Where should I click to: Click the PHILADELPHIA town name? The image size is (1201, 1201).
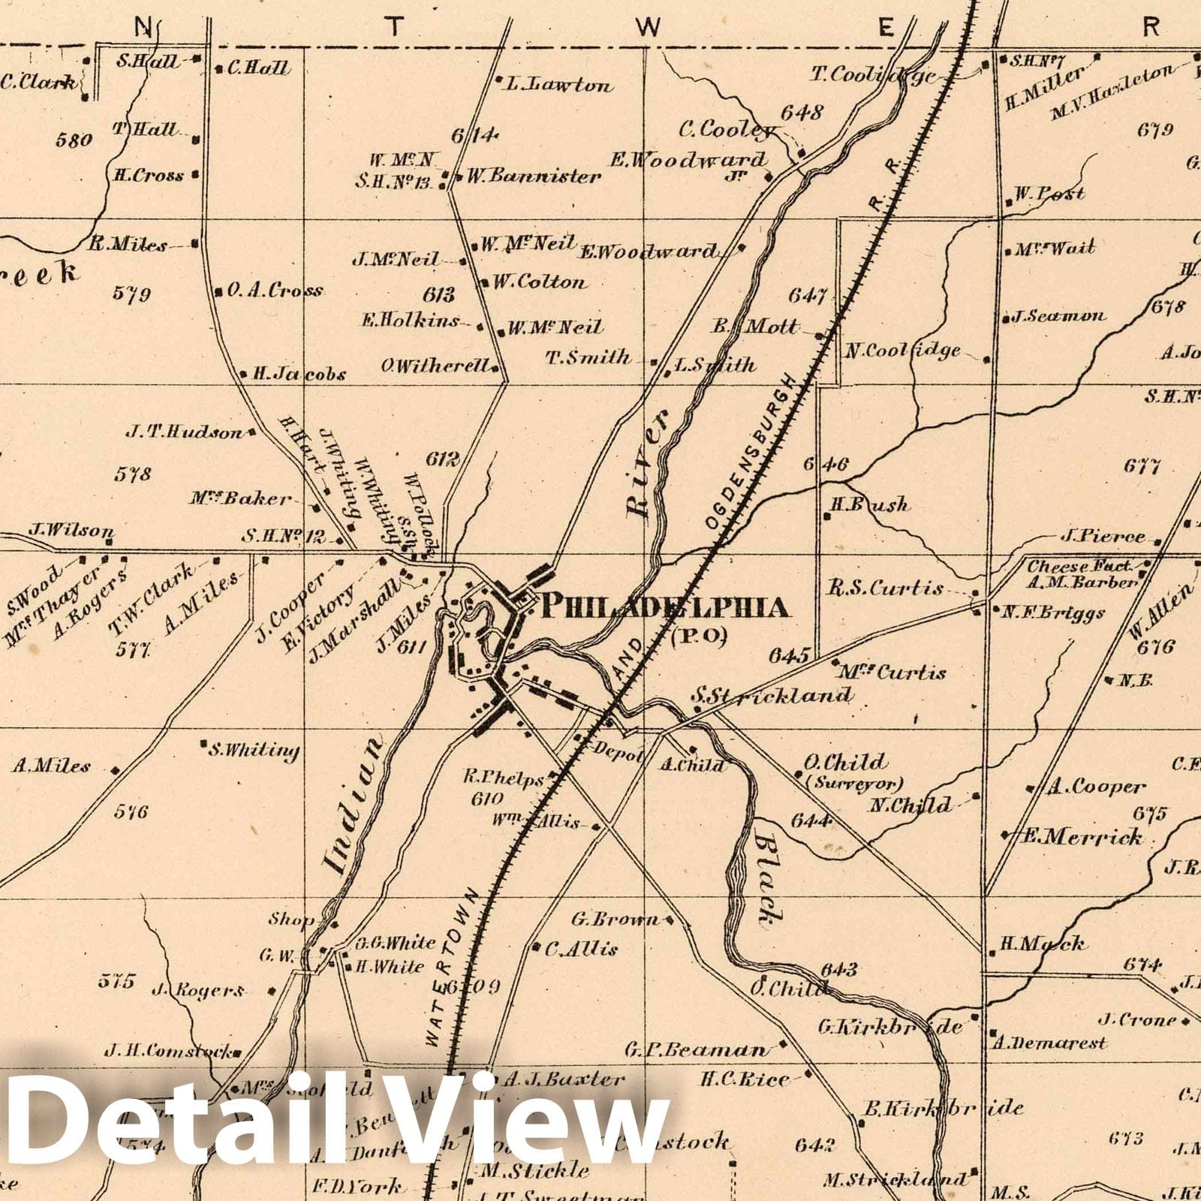(x=664, y=607)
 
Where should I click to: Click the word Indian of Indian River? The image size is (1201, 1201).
(x=354, y=804)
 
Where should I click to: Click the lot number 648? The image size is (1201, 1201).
(x=802, y=113)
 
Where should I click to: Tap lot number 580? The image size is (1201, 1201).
(x=74, y=139)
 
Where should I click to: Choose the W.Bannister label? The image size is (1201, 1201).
(x=534, y=177)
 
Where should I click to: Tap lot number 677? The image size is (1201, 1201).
(x=1142, y=466)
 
